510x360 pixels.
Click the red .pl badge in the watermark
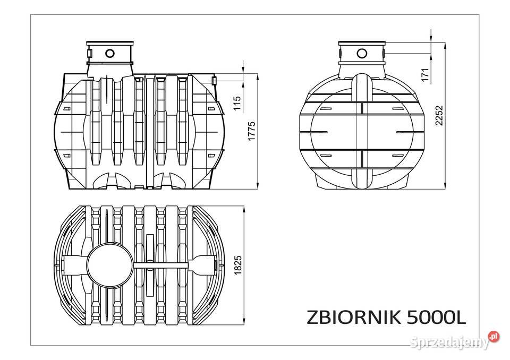[x=494, y=337]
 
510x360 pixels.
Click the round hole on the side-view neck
[x=110, y=53]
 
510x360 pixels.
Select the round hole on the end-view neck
[x=362, y=53]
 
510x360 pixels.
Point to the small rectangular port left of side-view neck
[x=89, y=53]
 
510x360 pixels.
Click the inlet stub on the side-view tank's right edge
[x=214, y=81]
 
